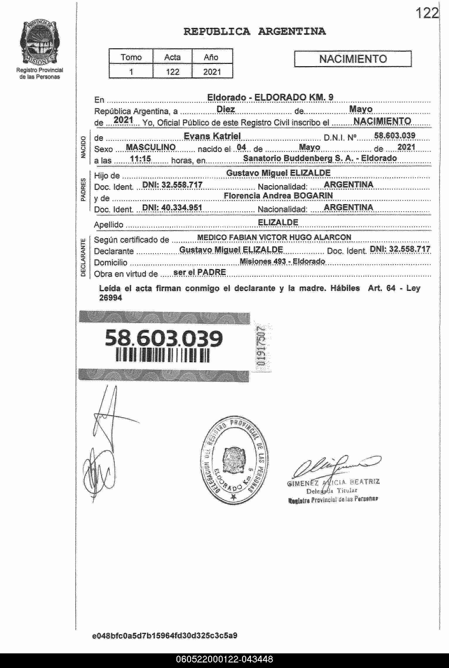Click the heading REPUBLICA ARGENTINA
pyautogui.click(x=254, y=32)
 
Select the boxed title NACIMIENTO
pyautogui.click(x=353, y=59)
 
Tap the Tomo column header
pyautogui.click(x=131, y=57)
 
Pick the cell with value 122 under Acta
pyautogui.click(x=172, y=72)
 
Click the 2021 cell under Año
pyautogui.click(x=212, y=72)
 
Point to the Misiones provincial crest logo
pyautogui.click(x=40, y=43)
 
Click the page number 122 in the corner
pyautogui.click(x=427, y=13)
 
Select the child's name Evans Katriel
pyautogui.click(x=212, y=136)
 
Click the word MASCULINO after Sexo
pyautogui.click(x=151, y=147)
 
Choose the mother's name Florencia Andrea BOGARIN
pyautogui.click(x=278, y=196)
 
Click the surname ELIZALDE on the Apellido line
pyautogui.click(x=278, y=222)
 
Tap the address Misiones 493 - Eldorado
pyautogui.click(x=282, y=261)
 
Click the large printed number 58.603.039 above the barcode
pyautogui.click(x=164, y=339)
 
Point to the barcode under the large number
pyautogui.click(x=163, y=355)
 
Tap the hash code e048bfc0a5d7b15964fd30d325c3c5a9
pyautogui.click(x=164, y=636)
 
